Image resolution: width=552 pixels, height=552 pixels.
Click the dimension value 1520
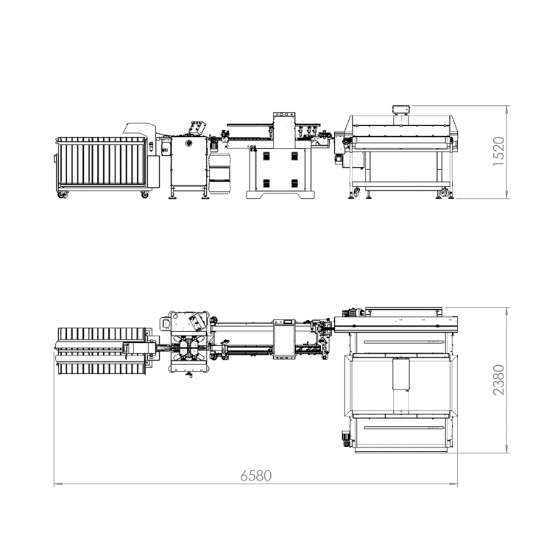(498, 152)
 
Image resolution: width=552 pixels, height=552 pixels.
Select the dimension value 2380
(498, 380)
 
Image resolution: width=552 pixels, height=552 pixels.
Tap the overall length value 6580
(256, 475)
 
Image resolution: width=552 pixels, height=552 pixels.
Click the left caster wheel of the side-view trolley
(63, 194)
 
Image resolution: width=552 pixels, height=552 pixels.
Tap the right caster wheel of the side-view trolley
(145, 194)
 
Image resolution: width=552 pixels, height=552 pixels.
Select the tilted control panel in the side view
(197, 128)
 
